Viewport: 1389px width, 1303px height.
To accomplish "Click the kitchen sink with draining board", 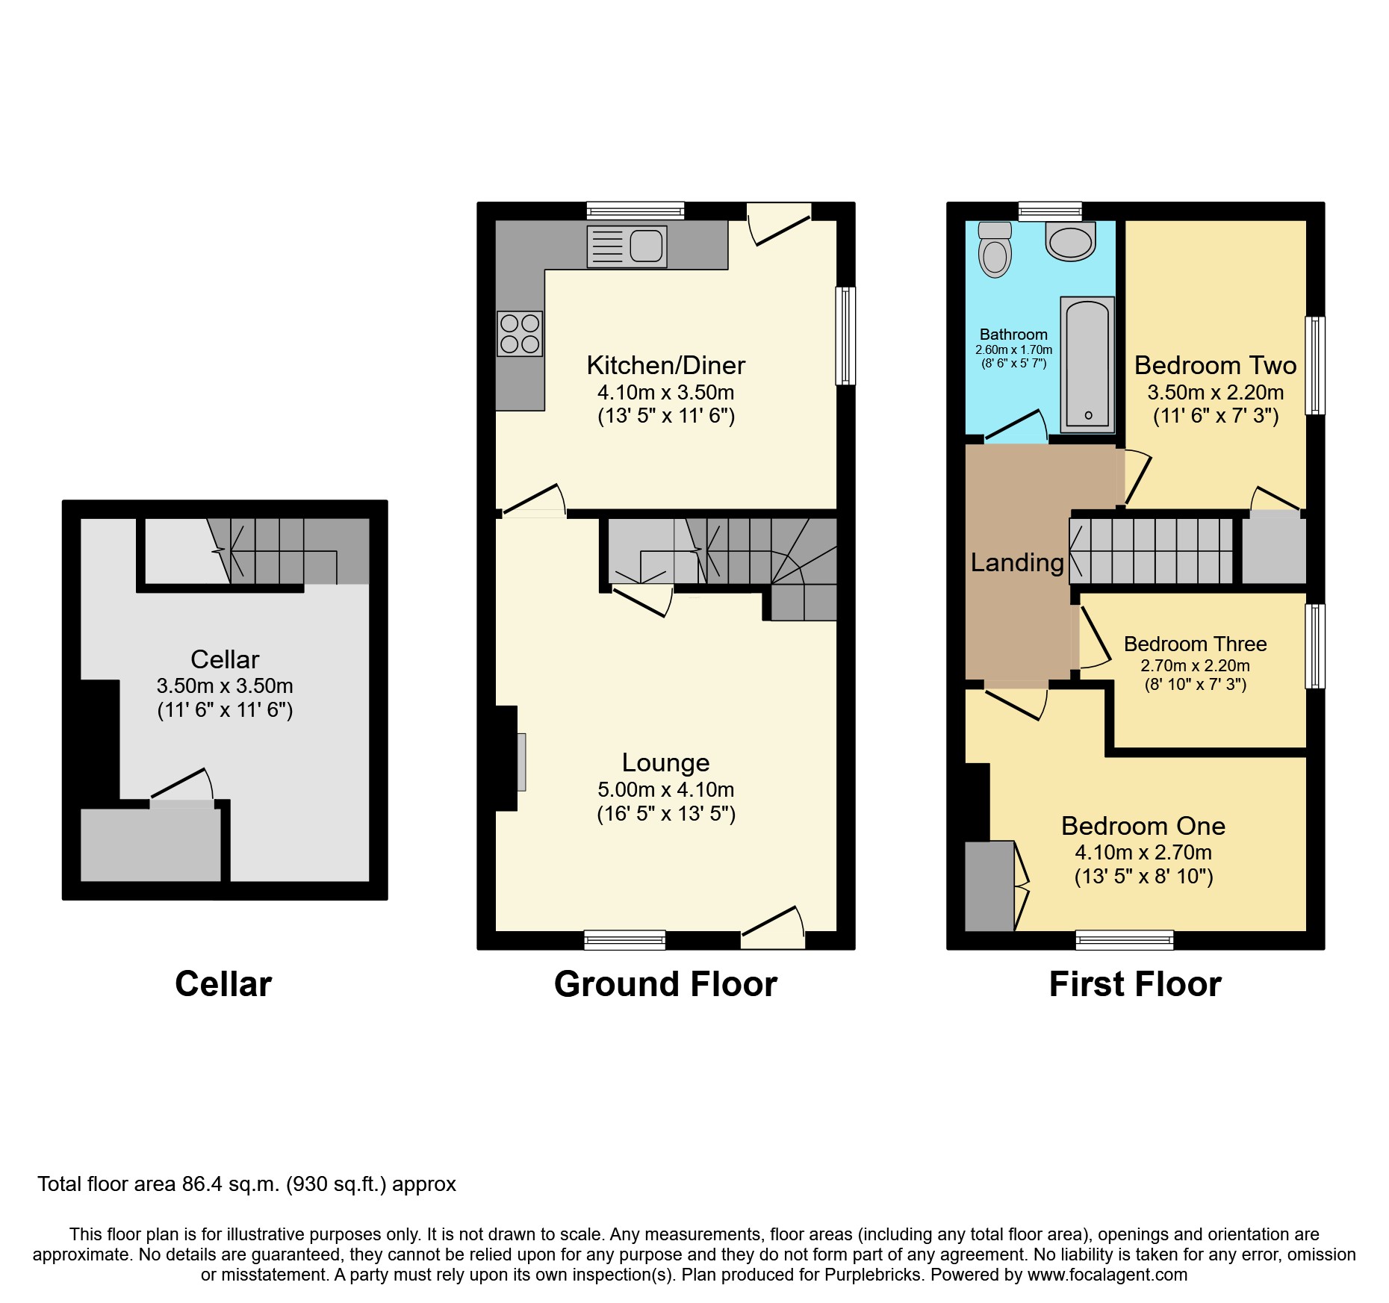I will [627, 246].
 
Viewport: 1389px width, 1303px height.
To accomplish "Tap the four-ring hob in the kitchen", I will [520, 334].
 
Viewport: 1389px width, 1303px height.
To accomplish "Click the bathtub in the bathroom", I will [1087, 365].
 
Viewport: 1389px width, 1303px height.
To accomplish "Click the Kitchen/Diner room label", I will [665, 365].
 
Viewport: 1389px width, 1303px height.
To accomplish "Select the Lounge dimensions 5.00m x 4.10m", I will [665, 789].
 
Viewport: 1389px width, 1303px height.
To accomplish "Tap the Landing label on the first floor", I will [1017, 562].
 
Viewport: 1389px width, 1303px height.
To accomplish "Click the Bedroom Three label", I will [1195, 644].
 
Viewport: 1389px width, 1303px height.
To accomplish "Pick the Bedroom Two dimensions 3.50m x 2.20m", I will [1215, 392].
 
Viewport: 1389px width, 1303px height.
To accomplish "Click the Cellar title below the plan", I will [223, 984].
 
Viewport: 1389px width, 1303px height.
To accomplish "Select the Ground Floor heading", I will [665, 984].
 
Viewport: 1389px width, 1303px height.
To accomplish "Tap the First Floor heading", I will [1135, 984].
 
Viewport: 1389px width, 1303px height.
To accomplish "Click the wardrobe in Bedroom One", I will [989, 886].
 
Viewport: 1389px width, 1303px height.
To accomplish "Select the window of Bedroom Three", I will [1315, 646].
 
